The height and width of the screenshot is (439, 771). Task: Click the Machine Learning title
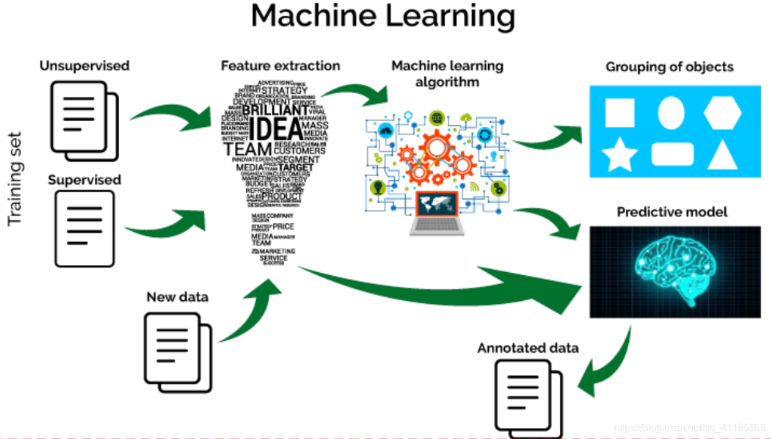(x=383, y=17)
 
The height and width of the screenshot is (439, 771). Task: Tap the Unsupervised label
(x=84, y=66)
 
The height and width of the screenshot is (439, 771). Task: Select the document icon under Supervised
(x=84, y=228)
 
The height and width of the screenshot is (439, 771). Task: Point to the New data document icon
(x=177, y=351)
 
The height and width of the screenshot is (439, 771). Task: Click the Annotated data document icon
(x=528, y=397)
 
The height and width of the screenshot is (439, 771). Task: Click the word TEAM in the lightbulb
(x=248, y=150)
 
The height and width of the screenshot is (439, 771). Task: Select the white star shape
(x=619, y=155)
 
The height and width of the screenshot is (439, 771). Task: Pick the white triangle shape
(x=723, y=155)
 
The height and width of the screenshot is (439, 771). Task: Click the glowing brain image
(x=675, y=272)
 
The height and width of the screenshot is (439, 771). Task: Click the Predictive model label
(x=672, y=212)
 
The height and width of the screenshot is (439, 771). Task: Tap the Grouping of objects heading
(x=669, y=67)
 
